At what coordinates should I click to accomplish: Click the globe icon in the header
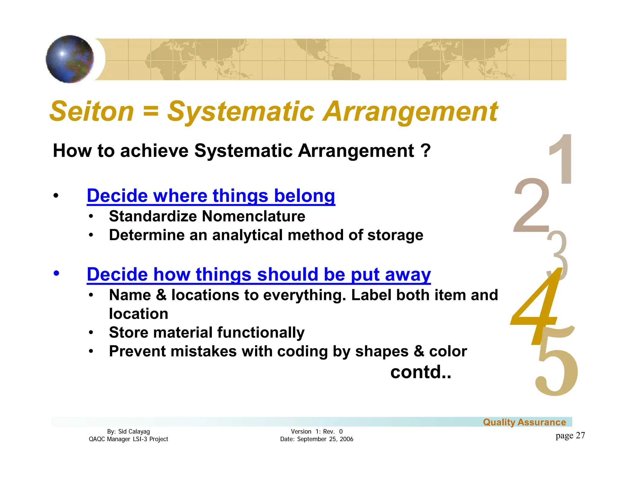pyautogui.click(x=70, y=59)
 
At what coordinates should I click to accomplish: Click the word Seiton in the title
pyautogui.click(x=92, y=111)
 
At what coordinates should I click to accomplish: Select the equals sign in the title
pyautogui.click(x=151, y=111)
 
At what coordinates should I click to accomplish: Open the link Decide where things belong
pyautogui.click(x=211, y=196)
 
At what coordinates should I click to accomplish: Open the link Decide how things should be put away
pyautogui.click(x=258, y=274)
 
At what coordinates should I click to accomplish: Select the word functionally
pyautogui.click(x=261, y=332)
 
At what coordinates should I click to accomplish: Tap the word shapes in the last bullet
pyautogui.click(x=382, y=351)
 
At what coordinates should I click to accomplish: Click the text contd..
pyautogui.click(x=420, y=372)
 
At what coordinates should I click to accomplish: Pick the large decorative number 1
pyautogui.click(x=562, y=159)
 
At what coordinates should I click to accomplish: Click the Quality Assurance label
pyautogui.click(x=524, y=422)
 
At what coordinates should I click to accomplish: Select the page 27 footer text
pyautogui.click(x=570, y=435)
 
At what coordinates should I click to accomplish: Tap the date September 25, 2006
pyautogui.click(x=325, y=439)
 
